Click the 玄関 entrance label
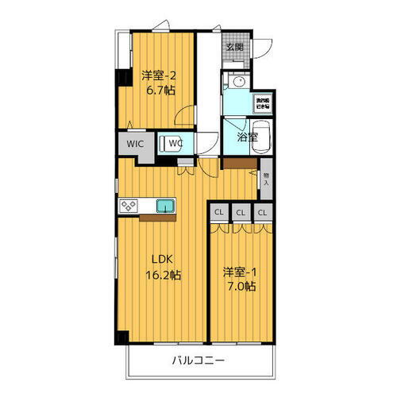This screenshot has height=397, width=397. pos(234,47)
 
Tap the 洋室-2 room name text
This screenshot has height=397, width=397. pos(158,75)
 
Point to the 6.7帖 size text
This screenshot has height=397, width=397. pos(159,90)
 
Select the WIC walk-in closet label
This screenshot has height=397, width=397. pos(132,145)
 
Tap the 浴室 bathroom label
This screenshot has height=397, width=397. pos(247,137)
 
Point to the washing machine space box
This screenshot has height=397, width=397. pos(263,103)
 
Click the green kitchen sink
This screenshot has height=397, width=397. pos(166,206)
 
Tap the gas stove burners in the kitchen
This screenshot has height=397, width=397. pos(129,206)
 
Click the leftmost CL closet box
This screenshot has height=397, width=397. pos(219,213)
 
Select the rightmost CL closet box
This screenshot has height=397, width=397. pos(263,213)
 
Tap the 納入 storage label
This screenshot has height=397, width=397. pos(266,179)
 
